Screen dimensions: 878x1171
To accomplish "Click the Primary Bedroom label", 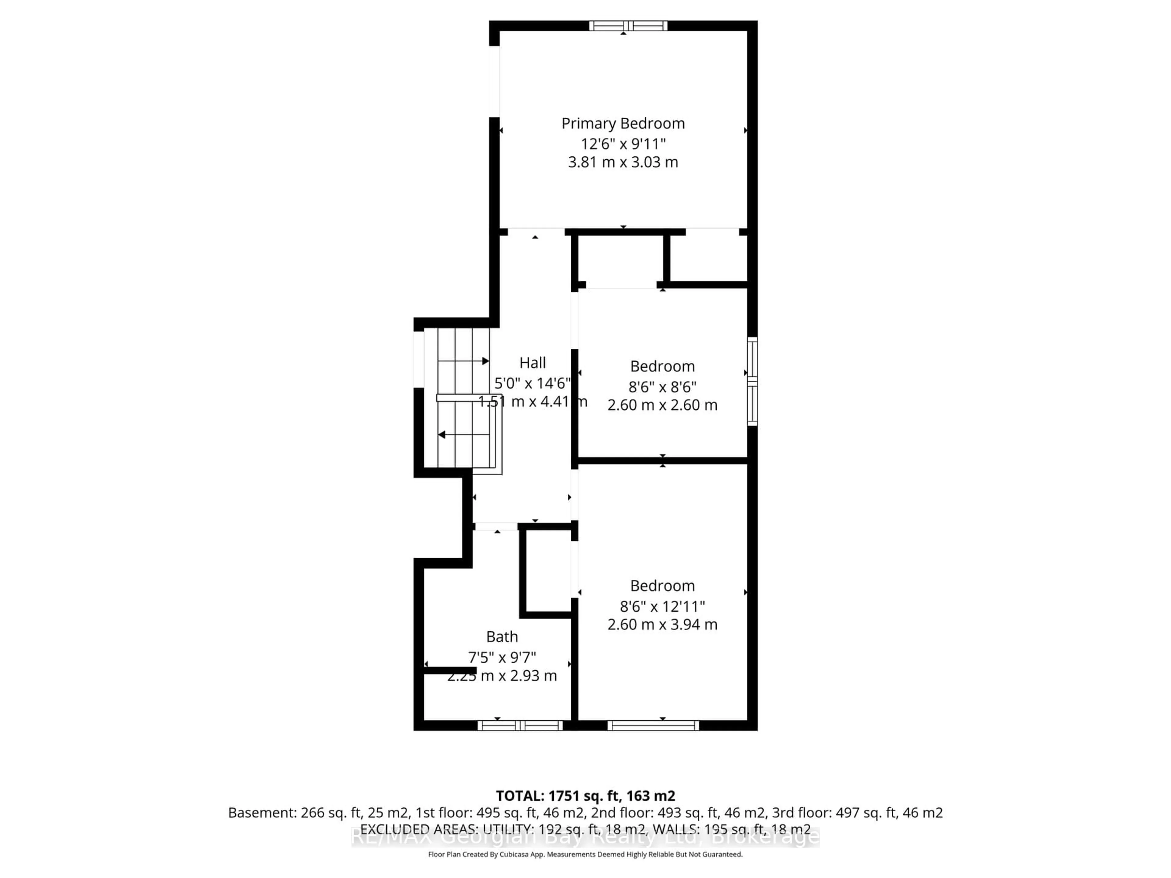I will [623, 123].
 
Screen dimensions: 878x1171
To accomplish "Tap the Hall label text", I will [532, 362].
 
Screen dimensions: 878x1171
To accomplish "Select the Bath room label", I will [502, 636].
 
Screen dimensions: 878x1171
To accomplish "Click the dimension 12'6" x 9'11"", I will [623, 143].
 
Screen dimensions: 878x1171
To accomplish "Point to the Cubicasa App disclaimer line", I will [585, 854].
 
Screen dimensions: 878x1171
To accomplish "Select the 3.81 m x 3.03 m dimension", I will [623, 162].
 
